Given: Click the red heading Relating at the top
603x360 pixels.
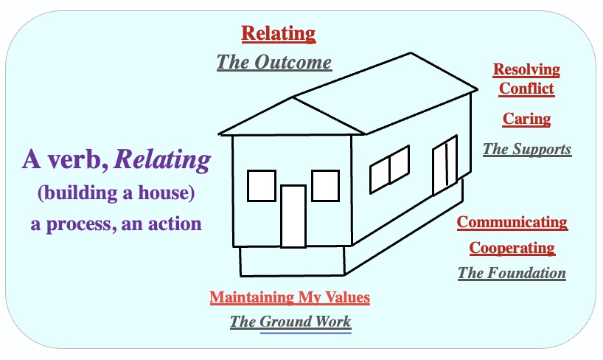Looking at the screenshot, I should [x=279, y=33].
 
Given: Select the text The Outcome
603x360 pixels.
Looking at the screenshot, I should [x=274, y=62].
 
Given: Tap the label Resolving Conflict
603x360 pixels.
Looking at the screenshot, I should [x=526, y=80].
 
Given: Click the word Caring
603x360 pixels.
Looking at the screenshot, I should [x=526, y=119].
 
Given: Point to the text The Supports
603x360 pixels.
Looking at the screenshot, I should [x=526, y=149].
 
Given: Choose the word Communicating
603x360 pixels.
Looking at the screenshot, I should [x=512, y=222].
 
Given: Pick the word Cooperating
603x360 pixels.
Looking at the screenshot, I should [x=512, y=247].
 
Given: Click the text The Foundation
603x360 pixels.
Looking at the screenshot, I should [x=512, y=273].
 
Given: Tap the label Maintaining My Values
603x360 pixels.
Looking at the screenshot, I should [x=290, y=298].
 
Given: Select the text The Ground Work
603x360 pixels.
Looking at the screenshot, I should [x=290, y=322].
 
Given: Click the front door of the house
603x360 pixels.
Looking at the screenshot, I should [x=293, y=215].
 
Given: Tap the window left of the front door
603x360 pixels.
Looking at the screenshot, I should [x=262, y=185].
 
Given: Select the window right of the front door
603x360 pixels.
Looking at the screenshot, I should [x=325, y=185].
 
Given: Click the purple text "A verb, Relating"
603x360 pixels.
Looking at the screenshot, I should [x=116, y=159].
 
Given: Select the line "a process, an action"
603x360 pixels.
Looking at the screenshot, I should [x=116, y=224].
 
